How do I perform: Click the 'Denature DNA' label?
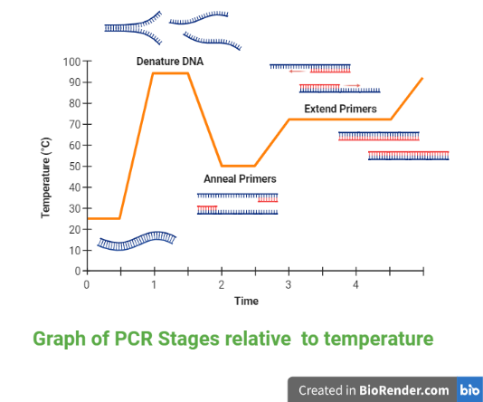[170, 62]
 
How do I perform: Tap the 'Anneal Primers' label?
[240, 178]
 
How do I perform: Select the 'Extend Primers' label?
[340, 109]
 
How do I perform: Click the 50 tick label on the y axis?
[75, 167]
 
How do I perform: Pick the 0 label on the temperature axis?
[78, 272]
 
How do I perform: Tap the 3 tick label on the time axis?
[289, 285]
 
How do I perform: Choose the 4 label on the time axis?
[355, 285]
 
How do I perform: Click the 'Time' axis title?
[246, 301]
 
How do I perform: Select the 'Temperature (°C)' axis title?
[45, 177]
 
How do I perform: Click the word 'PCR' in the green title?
[133, 339]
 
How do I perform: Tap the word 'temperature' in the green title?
[379, 340]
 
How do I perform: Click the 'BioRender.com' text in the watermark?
[403, 390]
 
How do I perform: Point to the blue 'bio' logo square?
[469, 389]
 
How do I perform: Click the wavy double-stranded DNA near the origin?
[137, 241]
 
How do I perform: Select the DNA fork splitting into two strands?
[133, 28]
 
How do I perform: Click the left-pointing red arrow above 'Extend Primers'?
[297, 72]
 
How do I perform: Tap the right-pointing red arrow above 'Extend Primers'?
[352, 85]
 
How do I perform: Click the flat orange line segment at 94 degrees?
[170, 73]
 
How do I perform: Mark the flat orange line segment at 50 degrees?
[238, 167]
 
